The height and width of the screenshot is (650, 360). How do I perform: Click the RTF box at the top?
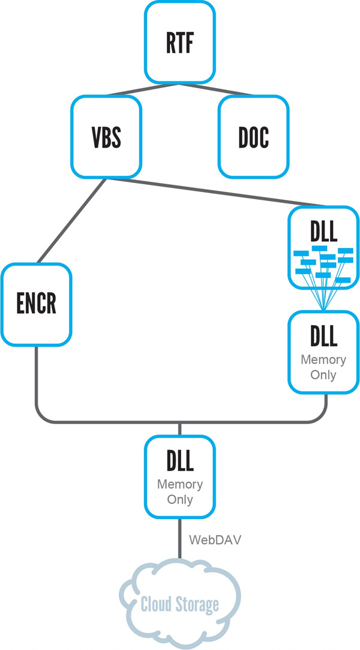pyautogui.click(x=180, y=42)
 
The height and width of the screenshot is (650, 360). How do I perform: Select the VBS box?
pyautogui.click(x=106, y=137)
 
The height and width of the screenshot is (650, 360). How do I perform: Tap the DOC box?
pyautogui.click(x=254, y=137)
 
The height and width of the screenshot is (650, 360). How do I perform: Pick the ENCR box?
pyautogui.click(x=36, y=305)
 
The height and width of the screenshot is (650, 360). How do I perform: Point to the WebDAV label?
pyautogui.click(x=215, y=540)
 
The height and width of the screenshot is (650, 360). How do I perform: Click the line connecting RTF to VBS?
pyautogui.click(x=142, y=89)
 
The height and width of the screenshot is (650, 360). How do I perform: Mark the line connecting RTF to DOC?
pyautogui.click(x=216, y=89)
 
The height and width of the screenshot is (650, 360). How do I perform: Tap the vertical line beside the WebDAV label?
pyautogui.click(x=180, y=538)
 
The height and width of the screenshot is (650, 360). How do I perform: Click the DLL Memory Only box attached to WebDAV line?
pyautogui.click(x=180, y=477)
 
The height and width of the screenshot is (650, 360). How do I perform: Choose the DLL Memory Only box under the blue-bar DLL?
pyautogui.click(x=323, y=352)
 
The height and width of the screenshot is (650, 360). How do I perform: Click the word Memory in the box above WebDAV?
pyautogui.click(x=180, y=484)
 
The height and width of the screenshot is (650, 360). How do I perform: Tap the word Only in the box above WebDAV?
pyautogui.click(x=180, y=499)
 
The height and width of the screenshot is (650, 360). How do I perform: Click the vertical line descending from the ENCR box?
pyautogui.click(x=37, y=378)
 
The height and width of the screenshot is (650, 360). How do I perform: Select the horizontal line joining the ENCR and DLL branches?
pyautogui.click(x=181, y=422)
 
